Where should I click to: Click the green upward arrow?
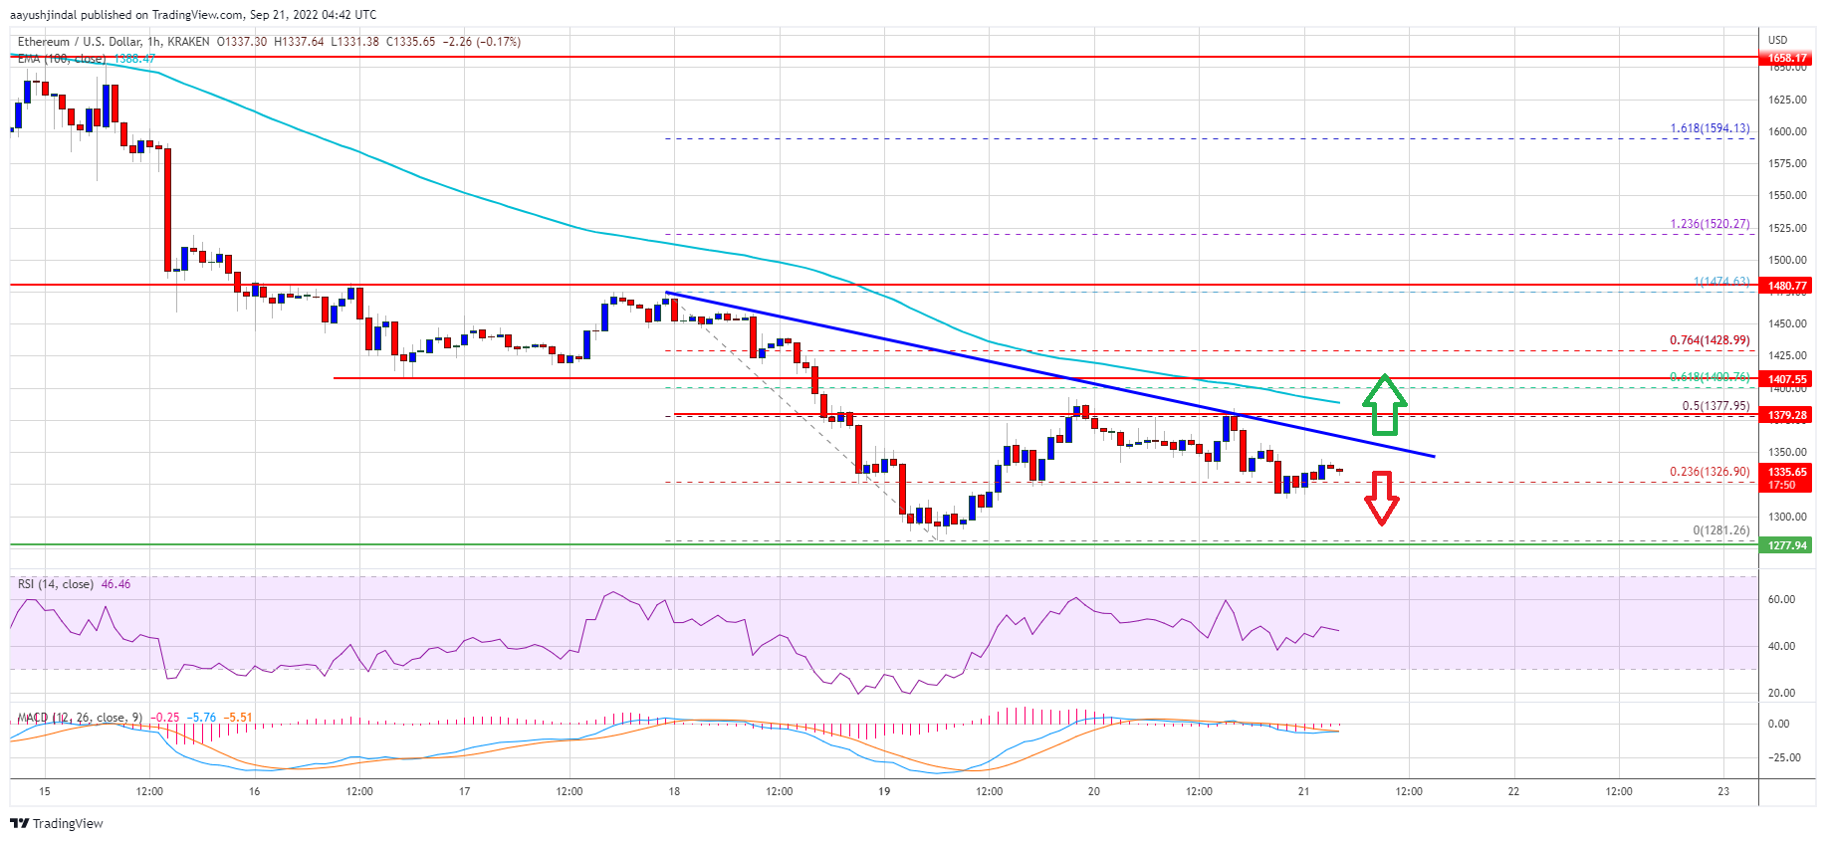click(x=1384, y=405)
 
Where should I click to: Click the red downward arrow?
click(x=1381, y=498)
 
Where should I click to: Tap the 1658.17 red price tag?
click(x=1786, y=58)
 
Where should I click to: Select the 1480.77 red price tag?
click(x=1786, y=286)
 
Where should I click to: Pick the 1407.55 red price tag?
click(x=1786, y=379)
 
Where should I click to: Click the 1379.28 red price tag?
click(x=1786, y=415)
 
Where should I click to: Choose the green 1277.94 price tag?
click(x=1786, y=545)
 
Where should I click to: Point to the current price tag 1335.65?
click(x=1786, y=473)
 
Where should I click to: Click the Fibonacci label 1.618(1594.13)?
click(x=1710, y=128)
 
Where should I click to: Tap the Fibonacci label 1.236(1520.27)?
click(x=1710, y=224)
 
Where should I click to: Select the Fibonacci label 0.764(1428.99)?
click(x=1710, y=340)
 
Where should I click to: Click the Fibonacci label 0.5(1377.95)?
click(x=1715, y=406)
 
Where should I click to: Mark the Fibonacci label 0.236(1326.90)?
click(x=1710, y=473)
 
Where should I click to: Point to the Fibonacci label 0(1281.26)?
click(x=1720, y=530)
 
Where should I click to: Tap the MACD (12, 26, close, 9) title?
click(x=80, y=718)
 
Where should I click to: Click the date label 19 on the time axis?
click(x=884, y=792)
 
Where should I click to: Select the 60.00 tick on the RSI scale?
click(x=1781, y=599)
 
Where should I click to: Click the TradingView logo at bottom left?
click(x=56, y=823)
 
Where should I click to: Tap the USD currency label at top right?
click(x=1777, y=40)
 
